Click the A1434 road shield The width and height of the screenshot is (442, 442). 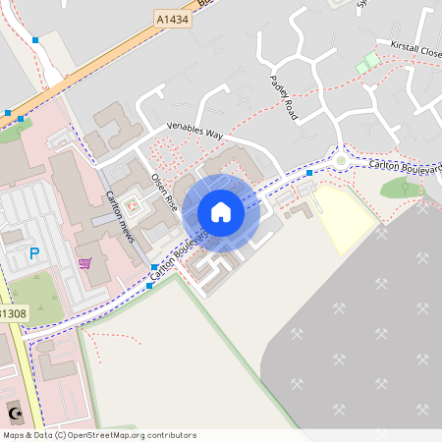pos(172,18)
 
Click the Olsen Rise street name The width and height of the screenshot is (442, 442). pos(163,193)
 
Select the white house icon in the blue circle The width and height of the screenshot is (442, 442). pos(221,212)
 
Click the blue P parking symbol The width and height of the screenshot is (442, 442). pos(34,253)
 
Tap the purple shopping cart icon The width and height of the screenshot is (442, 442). pos(84,263)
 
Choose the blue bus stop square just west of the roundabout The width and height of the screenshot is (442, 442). pos(308,173)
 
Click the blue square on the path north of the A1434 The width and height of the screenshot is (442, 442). pos(35,40)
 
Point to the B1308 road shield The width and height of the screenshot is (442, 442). pos(13,313)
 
